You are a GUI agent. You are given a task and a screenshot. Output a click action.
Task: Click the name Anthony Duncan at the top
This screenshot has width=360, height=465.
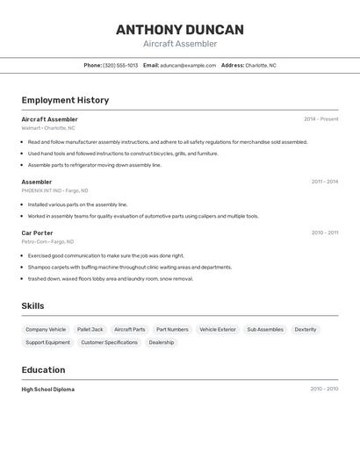180,30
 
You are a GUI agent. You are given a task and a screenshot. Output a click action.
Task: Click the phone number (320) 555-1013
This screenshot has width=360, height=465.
120,65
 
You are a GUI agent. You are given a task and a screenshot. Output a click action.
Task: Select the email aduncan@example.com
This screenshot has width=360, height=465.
188,65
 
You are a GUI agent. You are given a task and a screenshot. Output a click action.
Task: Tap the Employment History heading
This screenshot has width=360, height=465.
65,100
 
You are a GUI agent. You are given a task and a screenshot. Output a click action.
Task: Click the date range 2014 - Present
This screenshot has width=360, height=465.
320,119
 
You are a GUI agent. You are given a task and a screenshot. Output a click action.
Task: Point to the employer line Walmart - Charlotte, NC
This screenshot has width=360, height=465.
48,128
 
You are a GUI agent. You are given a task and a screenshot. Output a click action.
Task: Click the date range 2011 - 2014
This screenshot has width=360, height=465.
324,182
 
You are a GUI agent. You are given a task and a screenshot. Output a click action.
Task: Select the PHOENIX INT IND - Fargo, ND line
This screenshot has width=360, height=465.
54,190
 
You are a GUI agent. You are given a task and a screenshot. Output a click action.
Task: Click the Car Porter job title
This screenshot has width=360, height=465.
37,232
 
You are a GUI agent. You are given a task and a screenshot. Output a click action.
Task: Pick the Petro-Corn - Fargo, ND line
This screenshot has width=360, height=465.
47,241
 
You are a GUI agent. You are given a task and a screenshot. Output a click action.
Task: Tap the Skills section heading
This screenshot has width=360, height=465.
33,305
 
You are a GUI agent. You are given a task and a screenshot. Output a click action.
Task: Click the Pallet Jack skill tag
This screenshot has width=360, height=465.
90,329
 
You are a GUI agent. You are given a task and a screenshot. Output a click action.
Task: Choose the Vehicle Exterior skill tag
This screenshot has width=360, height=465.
218,329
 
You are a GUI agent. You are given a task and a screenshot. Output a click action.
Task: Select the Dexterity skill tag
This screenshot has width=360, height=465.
306,329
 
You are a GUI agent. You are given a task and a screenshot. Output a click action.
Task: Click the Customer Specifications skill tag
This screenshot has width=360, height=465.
110,342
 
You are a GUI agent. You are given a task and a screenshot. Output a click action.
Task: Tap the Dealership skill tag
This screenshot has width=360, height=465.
162,342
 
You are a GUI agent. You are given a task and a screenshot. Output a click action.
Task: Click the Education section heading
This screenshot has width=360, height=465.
43,369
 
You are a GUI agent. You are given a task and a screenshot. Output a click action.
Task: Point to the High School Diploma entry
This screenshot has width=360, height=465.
48,389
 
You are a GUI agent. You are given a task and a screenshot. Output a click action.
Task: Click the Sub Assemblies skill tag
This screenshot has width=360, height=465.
265,329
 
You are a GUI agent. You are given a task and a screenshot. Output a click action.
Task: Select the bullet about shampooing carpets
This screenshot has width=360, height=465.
130,267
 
